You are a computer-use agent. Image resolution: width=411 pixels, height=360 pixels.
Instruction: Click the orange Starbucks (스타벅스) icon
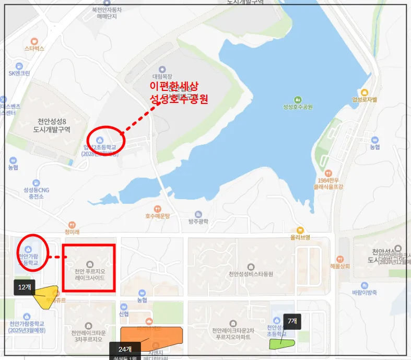point(34,41)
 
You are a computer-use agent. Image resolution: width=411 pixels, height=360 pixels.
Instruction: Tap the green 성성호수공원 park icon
point(297,99)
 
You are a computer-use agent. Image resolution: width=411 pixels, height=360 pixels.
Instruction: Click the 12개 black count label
point(25,287)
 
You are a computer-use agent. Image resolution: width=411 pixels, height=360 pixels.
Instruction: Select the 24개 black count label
point(125,349)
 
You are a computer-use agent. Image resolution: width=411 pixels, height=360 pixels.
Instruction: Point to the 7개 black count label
point(292,321)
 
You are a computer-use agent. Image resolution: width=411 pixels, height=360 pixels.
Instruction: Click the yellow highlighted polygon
point(46,296)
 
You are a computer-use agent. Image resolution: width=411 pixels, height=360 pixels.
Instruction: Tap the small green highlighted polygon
point(282,344)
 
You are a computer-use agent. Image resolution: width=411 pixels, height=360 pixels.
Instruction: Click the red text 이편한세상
point(174,86)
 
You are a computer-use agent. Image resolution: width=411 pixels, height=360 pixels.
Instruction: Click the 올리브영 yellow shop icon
point(300,230)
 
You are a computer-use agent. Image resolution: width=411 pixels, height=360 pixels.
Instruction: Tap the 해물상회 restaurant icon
point(340,259)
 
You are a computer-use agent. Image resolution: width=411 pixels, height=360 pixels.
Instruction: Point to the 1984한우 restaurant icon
point(328,172)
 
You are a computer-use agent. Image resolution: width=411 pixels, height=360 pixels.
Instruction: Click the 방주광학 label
point(198,222)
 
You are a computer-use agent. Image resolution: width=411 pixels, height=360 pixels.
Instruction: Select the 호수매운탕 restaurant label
point(158,215)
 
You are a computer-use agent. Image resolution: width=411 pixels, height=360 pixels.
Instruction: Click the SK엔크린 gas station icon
point(19,66)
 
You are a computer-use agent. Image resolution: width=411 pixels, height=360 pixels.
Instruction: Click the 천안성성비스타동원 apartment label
point(251,274)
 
